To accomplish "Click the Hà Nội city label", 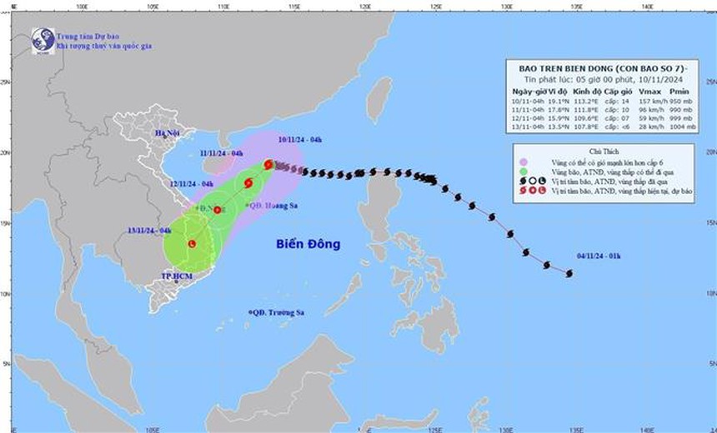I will tap(168, 133).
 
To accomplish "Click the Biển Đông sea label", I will tap(308, 244).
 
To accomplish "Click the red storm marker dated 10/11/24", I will tap(268, 165).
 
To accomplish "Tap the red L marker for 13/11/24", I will tap(193, 244).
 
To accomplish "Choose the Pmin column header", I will tap(680, 91).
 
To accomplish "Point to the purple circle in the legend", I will tap(522, 162).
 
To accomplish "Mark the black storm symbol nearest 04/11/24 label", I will tap(568, 273).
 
